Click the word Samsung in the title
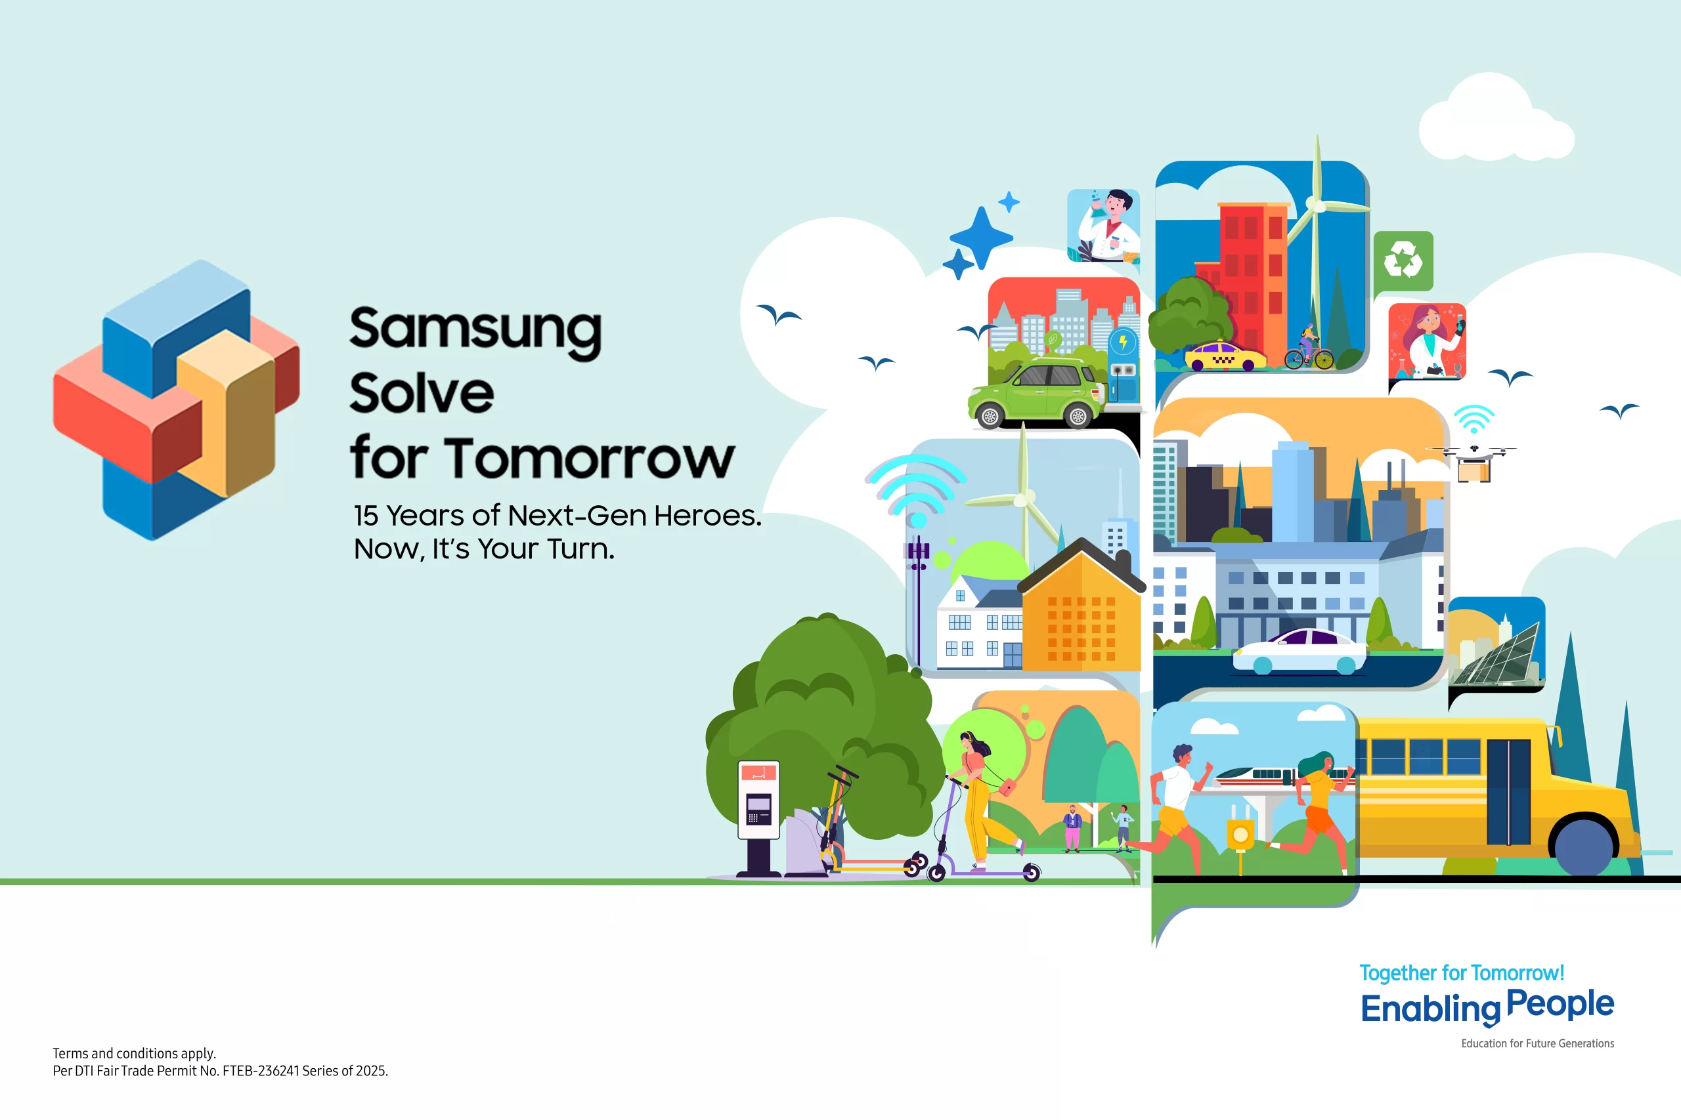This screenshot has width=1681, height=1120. (475, 330)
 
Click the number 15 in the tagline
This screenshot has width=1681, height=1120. (365, 516)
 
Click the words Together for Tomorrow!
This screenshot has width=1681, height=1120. (1461, 973)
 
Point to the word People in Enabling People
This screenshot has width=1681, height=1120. (1560, 1005)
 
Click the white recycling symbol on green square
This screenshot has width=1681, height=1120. (1403, 260)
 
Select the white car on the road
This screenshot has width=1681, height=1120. (1299, 652)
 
